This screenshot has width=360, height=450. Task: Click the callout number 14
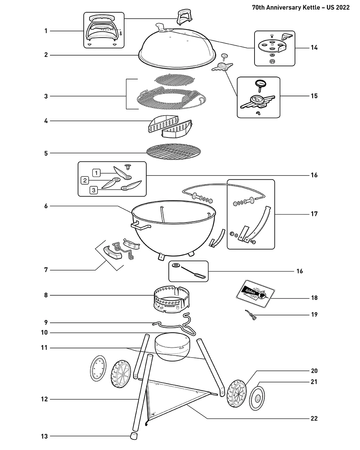(x=314, y=48)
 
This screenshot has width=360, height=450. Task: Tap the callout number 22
(x=314, y=418)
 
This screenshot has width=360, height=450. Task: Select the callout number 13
(x=44, y=436)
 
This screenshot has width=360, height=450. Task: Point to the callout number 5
(x=46, y=153)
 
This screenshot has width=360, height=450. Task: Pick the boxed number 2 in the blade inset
(x=85, y=180)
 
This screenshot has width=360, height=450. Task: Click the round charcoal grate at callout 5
(x=174, y=152)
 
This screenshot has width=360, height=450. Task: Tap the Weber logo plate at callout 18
(x=255, y=294)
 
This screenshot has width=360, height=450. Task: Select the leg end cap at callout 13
(x=134, y=436)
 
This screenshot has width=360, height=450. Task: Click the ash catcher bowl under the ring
(x=173, y=347)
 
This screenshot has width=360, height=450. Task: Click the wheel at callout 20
(x=237, y=394)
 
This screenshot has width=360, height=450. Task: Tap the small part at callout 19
(x=251, y=315)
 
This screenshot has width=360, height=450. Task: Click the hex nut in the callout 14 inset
(x=272, y=61)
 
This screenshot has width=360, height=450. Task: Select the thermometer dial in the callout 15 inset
(x=260, y=84)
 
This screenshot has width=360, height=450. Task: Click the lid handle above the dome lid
(x=184, y=17)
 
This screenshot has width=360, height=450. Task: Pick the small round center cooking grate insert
(x=175, y=80)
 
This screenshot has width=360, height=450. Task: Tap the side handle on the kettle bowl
(x=141, y=225)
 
